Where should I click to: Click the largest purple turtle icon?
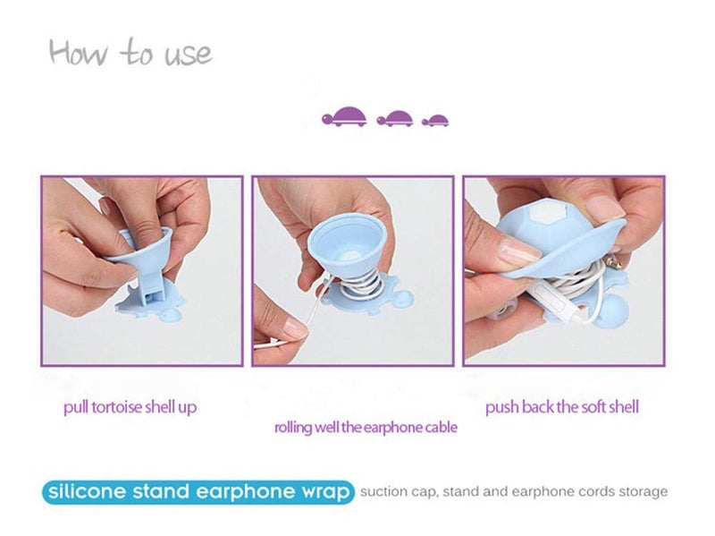pyautogui.click(x=344, y=116)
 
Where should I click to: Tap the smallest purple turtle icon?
pyautogui.click(x=435, y=120)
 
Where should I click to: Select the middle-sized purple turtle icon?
pyautogui.click(x=395, y=118)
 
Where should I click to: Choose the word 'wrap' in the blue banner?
pyautogui.click(x=324, y=492)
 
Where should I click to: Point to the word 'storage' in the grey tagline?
pyautogui.click(x=643, y=492)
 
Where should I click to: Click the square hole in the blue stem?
pyautogui.click(x=149, y=297)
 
